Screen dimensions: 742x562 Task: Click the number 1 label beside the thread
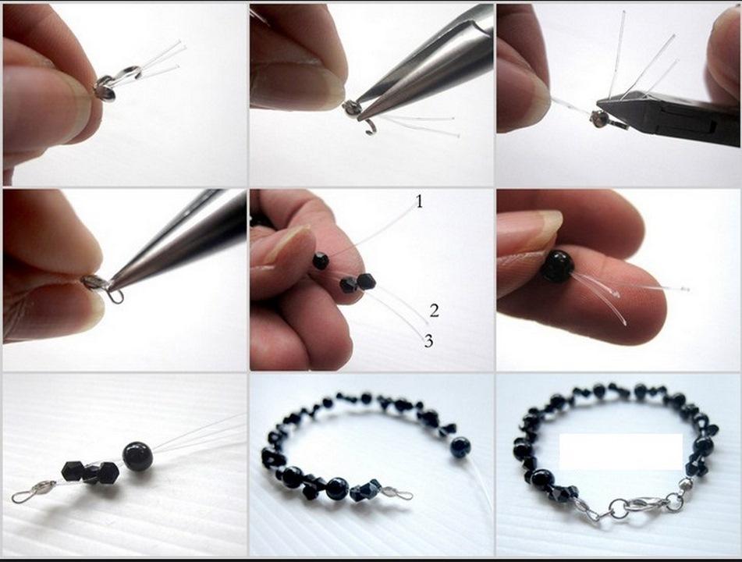tap(419, 202)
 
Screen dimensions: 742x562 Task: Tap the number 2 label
tap(435, 311)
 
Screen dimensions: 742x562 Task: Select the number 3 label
tap(428, 341)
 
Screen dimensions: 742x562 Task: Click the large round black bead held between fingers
tap(557, 266)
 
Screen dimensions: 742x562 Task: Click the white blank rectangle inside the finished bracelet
tap(621, 452)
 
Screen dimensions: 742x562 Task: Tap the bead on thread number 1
tap(321, 261)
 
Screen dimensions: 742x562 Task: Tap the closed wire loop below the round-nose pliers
tap(116, 297)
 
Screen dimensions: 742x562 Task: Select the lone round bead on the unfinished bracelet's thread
tap(460, 448)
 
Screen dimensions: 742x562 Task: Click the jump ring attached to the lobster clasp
tap(616, 510)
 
